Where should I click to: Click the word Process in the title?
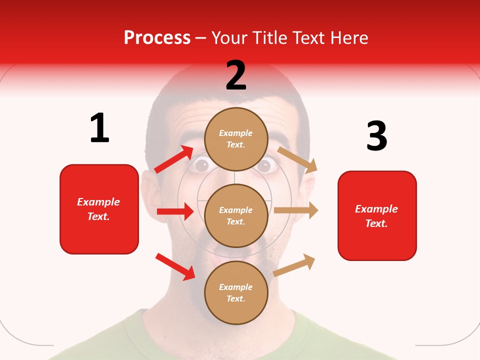pyautogui.click(x=157, y=38)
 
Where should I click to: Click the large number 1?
pyautogui.click(x=99, y=128)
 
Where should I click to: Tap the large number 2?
pyautogui.click(x=236, y=75)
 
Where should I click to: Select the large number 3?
pyautogui.click(x=376, y=136)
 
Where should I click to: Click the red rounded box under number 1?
pyautogui.click(x=99, y=209)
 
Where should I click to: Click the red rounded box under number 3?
pyautogui.click(x=377, y=216)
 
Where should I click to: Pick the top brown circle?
pyautogui.click(x=236, y=139)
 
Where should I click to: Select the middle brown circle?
pyautogui.click(x=236, y=215)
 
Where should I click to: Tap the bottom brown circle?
pyautogui.click(x=236, y=292)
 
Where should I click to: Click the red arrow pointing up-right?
pyautogui.click(x=173, y=159)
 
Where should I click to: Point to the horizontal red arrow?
pyautogui.click(x=175, y=211)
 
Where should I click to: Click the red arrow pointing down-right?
pyautogui.click(x=175, y=266)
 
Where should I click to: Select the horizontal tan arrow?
pyautogui.click(x=296, y=210)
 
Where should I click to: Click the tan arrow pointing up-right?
pyautogui.click(x=294, y=265)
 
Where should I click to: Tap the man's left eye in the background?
pyautogui.click(x=201, y=164)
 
